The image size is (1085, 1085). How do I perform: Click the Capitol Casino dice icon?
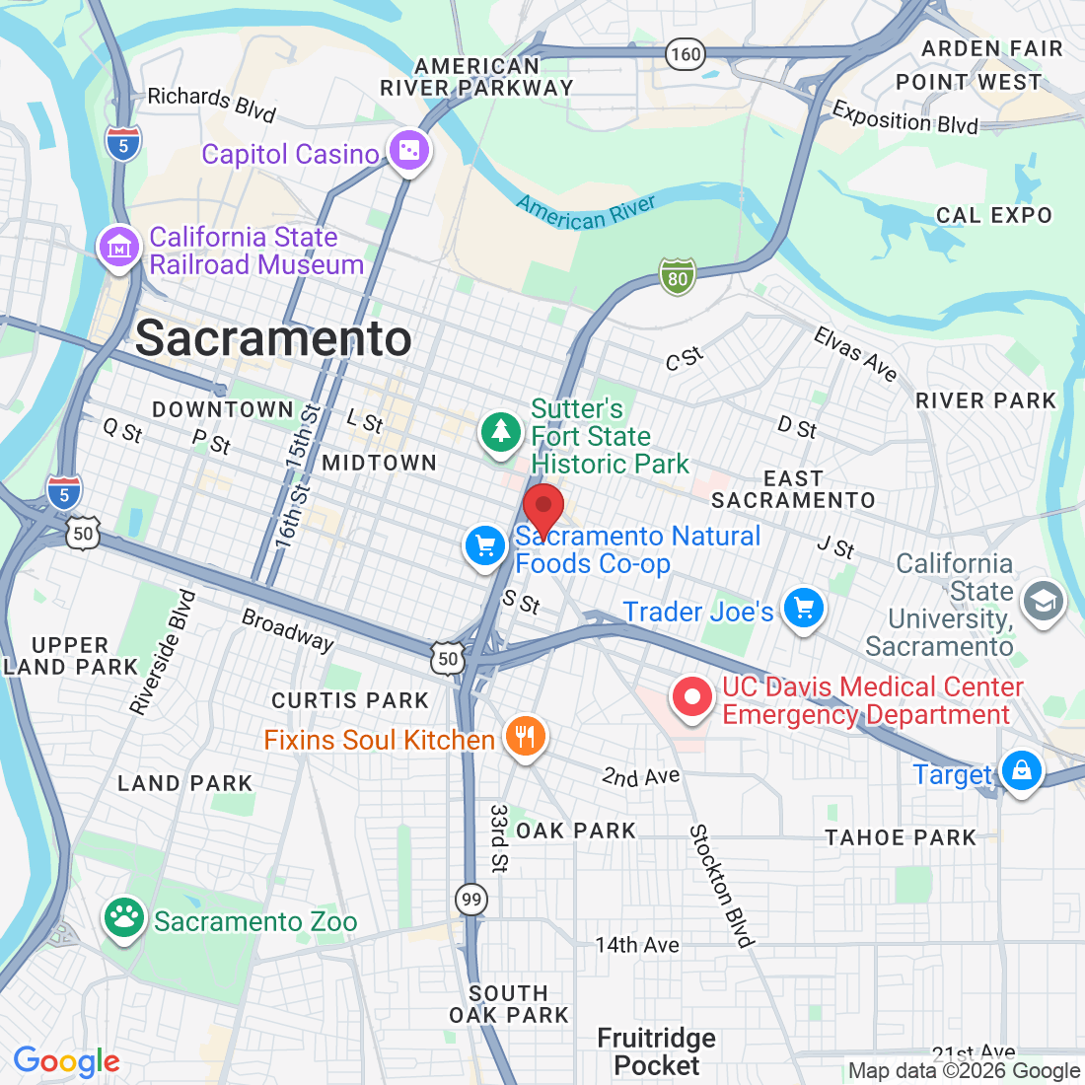[408, 151]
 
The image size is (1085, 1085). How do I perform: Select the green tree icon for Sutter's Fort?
[501, 431]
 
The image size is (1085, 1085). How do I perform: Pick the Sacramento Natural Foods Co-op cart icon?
[484, 544]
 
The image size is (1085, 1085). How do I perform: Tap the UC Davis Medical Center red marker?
[692, 697]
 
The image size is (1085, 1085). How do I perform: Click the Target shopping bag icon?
[1021, 769]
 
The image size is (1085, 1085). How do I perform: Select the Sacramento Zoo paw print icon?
[123, 917]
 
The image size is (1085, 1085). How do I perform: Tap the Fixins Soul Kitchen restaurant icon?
[525, 736]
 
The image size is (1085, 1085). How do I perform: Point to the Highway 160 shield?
[685, 54]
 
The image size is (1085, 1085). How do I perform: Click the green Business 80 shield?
[678, 278]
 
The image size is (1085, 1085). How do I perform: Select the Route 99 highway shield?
[471, 899]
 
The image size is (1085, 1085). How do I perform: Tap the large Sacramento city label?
[273, 338]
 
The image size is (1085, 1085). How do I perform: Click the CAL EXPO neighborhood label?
[993, 215]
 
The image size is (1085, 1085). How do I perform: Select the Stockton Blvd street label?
[722, 886]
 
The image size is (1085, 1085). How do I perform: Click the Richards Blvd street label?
[211, 103]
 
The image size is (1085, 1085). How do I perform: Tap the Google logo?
[66, 1061]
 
